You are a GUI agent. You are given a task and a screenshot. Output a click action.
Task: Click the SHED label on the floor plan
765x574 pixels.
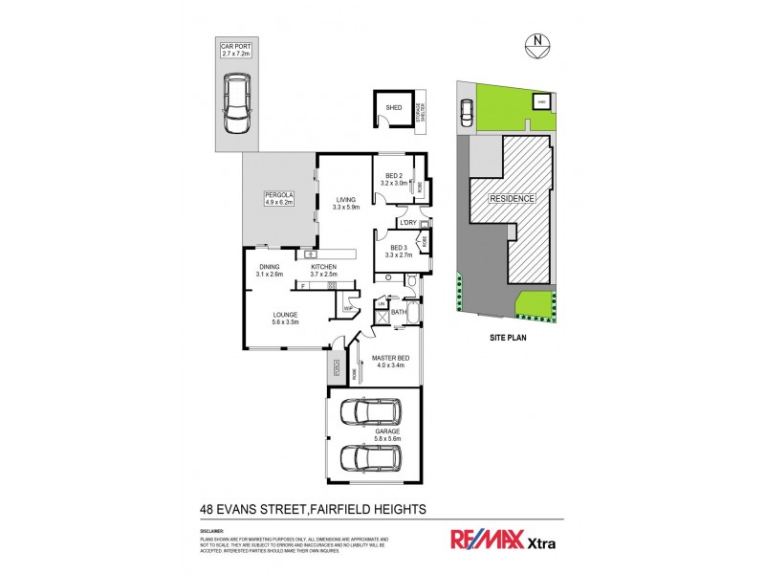(393, 108)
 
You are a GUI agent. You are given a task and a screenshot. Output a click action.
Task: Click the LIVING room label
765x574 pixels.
(345, 203)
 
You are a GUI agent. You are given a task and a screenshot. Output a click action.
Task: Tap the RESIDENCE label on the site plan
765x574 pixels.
(512, 198)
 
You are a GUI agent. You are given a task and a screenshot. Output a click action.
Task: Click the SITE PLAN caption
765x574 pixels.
(508, 338)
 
